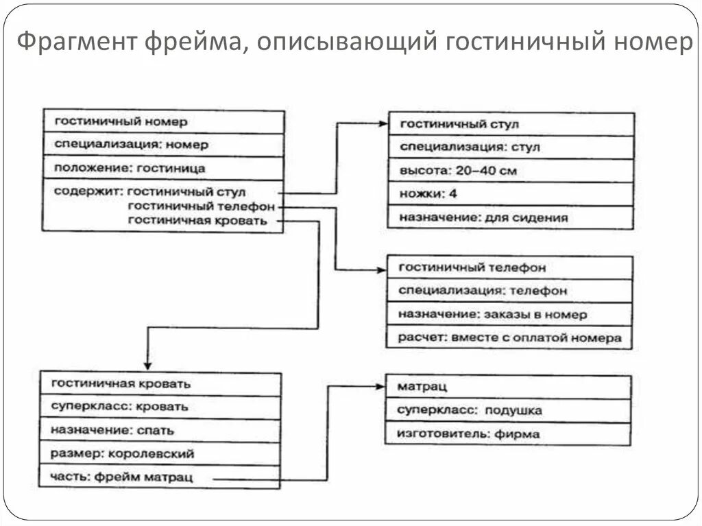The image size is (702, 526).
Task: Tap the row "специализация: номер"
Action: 163,145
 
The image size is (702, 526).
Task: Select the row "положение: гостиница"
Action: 163,167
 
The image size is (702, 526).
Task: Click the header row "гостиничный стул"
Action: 510,124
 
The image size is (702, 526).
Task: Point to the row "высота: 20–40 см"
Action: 510,170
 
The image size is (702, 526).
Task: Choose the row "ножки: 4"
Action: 510,194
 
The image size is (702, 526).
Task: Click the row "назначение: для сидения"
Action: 510,218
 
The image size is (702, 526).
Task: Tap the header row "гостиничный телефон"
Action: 509,267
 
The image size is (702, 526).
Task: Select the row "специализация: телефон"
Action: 509,291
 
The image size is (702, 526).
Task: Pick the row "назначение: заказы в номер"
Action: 509,314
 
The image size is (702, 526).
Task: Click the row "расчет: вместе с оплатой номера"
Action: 509,337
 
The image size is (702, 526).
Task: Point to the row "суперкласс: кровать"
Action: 160,407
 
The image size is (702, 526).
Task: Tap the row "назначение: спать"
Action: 160,431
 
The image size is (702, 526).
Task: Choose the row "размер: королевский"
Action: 160,453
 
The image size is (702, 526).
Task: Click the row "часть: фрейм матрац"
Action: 160,477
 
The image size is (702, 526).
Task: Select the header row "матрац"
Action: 508,387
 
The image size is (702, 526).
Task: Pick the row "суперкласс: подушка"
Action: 508,411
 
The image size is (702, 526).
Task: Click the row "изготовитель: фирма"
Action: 508,433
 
